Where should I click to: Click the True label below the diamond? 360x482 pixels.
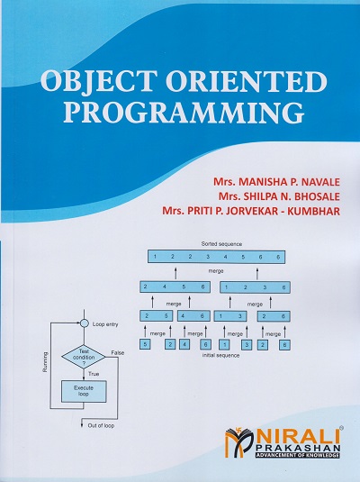pyautogui.click(x=94, y=373)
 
